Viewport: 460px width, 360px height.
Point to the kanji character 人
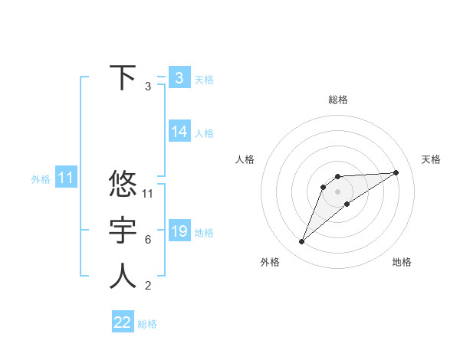(123, 277)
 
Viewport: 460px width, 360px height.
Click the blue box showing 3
(179, 77)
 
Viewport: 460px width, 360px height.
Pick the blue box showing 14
(179, 132)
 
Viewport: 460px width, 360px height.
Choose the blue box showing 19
(179, 231)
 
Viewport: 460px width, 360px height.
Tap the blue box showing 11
(65, 178)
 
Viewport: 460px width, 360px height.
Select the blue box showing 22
(123, 322)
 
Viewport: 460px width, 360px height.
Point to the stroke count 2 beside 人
(148, 286)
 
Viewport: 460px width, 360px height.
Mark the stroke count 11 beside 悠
(148, 194)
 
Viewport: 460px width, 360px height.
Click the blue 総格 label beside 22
(147, 324)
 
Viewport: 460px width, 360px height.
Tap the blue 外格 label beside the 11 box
(41, 179)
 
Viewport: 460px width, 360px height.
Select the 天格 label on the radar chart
(431, 159)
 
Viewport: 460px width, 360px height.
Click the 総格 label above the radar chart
(338, 100)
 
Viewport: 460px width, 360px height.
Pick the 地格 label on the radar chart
(402, 262)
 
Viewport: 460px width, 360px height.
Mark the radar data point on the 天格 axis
(396, 172)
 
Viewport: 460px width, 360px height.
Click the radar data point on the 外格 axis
(301, 242)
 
